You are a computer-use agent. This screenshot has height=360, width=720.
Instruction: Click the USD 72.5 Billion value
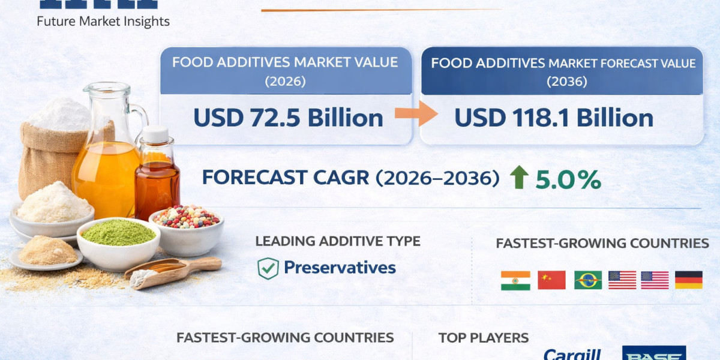coord(288,118)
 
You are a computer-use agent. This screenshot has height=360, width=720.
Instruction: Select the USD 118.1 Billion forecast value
coord(553,118)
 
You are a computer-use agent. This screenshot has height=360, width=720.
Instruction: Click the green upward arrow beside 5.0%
coord(519,178)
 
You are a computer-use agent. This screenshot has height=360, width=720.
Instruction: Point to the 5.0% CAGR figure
coord(568,179)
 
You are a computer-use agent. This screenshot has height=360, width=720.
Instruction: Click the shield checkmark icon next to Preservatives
coord(268,268)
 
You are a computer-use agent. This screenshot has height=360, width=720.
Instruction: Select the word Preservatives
coord(340,268)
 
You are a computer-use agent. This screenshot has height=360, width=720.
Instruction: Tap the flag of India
coord(515,280)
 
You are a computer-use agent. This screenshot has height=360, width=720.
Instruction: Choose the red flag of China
coord(551,280)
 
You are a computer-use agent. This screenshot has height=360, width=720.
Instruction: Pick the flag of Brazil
coord(587,280)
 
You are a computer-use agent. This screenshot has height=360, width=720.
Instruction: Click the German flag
coord(688,280)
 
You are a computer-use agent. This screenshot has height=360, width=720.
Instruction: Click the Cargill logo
coord(572,354)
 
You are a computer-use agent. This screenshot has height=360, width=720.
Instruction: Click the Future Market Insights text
coord(103,22)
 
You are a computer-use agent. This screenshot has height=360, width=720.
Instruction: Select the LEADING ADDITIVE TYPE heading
coord(338,241)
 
